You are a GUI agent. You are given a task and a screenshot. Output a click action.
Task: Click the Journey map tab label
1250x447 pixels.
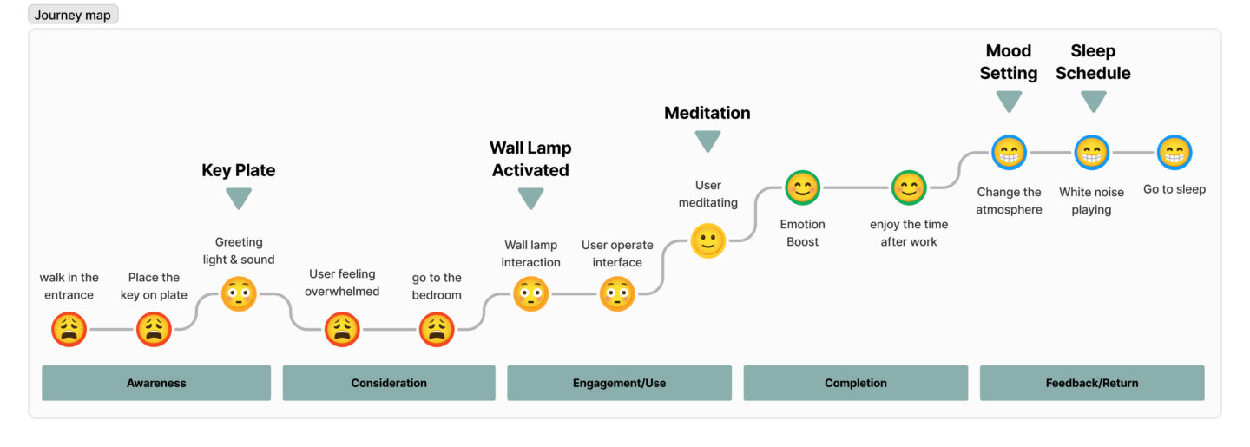pos(73,15)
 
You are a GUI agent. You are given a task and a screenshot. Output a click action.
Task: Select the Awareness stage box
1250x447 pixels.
pos(156,383)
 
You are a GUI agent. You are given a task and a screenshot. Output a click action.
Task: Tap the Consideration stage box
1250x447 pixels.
pos(389,383)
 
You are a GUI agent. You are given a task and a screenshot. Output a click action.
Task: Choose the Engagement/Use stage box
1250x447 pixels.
pos(619,383)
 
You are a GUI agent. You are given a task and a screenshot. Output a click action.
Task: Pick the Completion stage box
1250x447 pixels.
pos(856,383)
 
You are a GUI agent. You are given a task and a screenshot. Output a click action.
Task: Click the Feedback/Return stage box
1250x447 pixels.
pos(1092,383)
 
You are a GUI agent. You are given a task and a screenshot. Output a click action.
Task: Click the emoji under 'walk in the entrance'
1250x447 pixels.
pos(69,330)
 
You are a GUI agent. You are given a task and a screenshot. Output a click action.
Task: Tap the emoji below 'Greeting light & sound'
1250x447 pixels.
pos(239,294)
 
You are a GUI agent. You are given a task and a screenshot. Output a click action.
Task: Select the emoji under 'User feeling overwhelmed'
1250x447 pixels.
pos(343,330)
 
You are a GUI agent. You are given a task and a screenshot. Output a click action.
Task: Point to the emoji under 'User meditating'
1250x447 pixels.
pos(708,240)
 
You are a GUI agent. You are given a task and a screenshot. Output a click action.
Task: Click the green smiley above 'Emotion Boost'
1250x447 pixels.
pos(803,187)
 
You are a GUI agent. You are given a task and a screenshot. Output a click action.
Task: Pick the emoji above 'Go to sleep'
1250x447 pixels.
pos(1174,153)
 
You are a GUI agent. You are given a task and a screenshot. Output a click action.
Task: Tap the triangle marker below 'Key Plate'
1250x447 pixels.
pos(239,198)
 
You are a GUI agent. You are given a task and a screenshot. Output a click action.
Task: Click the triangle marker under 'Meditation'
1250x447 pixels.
pos(707,141)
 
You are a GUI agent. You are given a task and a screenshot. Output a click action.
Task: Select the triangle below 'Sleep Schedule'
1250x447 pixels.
pos(1093,102)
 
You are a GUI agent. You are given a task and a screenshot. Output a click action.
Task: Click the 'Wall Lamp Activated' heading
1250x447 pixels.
pos(530,159)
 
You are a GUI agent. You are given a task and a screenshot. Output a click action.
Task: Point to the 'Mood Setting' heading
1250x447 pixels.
pos(1009,62)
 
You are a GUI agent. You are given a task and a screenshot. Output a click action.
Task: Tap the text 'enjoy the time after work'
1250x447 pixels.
pos(909,233)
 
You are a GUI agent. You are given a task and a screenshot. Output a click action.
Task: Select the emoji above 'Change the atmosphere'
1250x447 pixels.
pos(1009,153)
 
